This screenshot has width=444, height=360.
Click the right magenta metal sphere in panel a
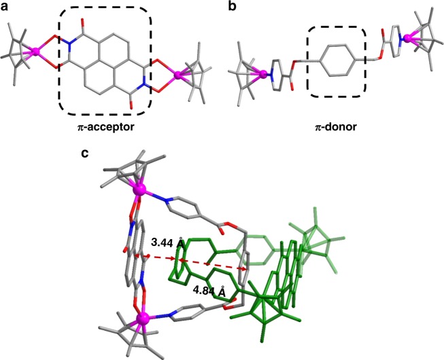[x=179, y=76]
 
